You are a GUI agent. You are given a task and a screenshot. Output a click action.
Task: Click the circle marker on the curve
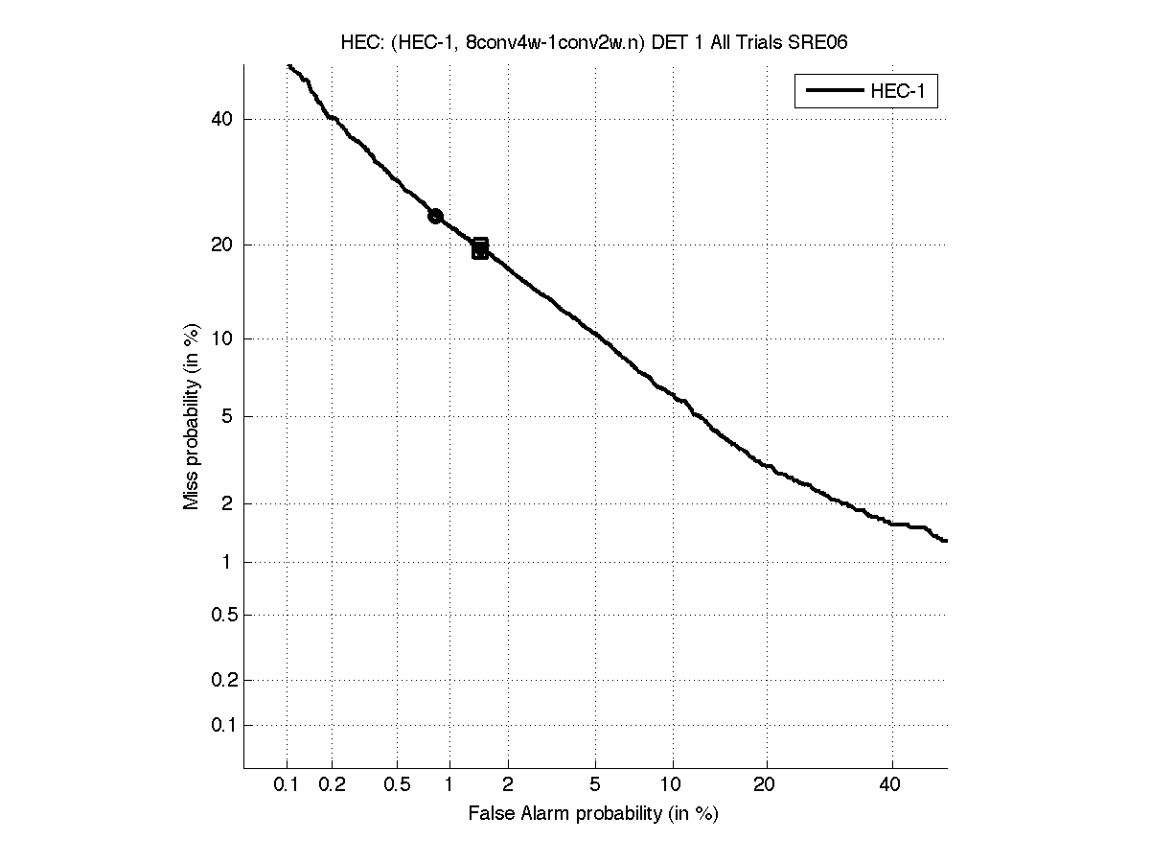click(x=435, y=216)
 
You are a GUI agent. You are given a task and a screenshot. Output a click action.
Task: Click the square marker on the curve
click(x=480, y=248)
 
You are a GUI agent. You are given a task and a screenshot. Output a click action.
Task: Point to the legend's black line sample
click(x=835, y=92)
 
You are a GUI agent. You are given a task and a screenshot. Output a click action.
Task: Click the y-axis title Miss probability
click(x=192, y=416)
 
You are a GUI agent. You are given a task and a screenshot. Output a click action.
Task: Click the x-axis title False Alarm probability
click(x=593, y=814)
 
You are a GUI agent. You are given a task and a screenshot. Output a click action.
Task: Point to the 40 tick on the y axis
click(x=222, y=119)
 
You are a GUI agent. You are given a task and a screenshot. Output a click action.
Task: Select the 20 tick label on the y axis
click(x=222, y=245)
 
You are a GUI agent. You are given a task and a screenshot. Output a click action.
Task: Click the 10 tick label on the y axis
click(x=222, y=338)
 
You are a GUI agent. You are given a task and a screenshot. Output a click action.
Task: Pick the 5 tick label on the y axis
click(x=227, y=416)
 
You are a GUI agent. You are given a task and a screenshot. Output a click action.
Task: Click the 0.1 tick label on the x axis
click(x=287, y=785)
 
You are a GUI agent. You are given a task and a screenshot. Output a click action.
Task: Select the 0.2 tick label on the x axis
click(x=332, y=785)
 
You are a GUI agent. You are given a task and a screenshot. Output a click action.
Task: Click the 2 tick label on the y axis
click(x=227, y=503)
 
